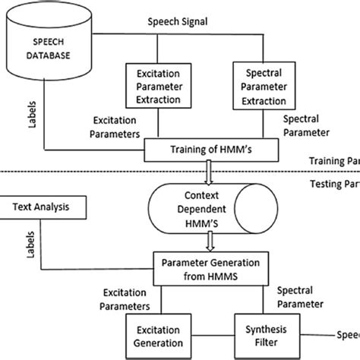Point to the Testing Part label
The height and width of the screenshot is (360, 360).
point(334,183)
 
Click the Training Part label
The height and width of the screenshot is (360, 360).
point(334,161)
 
